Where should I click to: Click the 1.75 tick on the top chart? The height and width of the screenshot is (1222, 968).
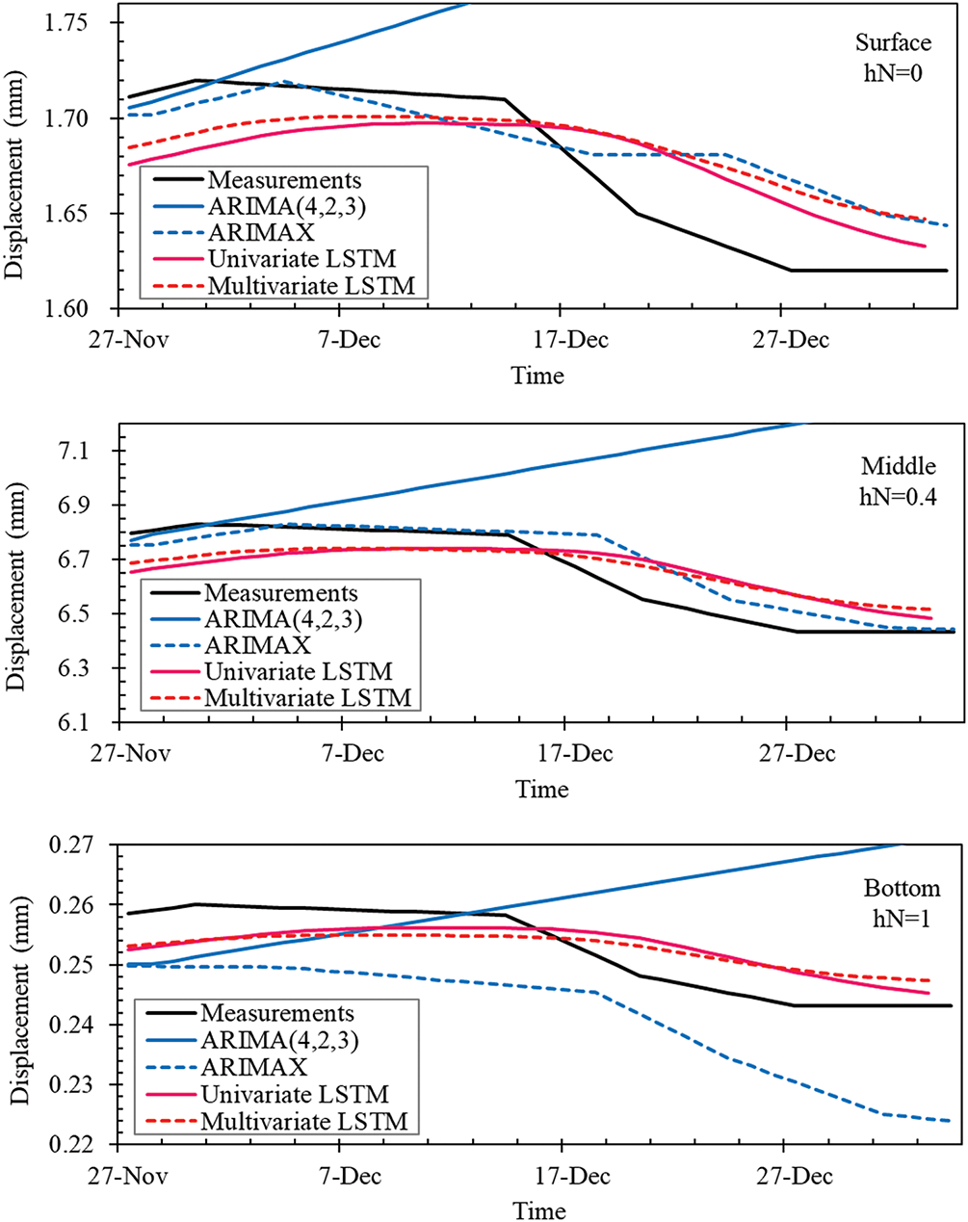pyautogui.click(x=81, y=23)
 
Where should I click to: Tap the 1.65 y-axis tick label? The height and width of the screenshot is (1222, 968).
pyautogui.click(x=81, y=214)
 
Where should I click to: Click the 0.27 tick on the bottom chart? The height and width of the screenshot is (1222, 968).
pyautogui.click(x=81, y=845)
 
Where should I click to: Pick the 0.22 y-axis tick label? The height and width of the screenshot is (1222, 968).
pyautogui.click(x=81, y=1145)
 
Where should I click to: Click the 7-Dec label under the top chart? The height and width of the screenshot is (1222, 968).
pyautogui.click(x=339, y=338)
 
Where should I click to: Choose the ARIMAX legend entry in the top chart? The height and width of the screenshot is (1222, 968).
pyautogui.click(x=260, y=232)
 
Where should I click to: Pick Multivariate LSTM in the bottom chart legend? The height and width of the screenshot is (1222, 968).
pyautogui.click(x=304, y=1121)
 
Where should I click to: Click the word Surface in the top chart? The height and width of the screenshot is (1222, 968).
pyautogui.click(x=893, y=43)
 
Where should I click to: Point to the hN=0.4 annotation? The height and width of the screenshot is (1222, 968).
pyautogui.click(x=897, y=496)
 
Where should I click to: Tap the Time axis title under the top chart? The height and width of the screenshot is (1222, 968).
pyautogui.click(x=538, y=376)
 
